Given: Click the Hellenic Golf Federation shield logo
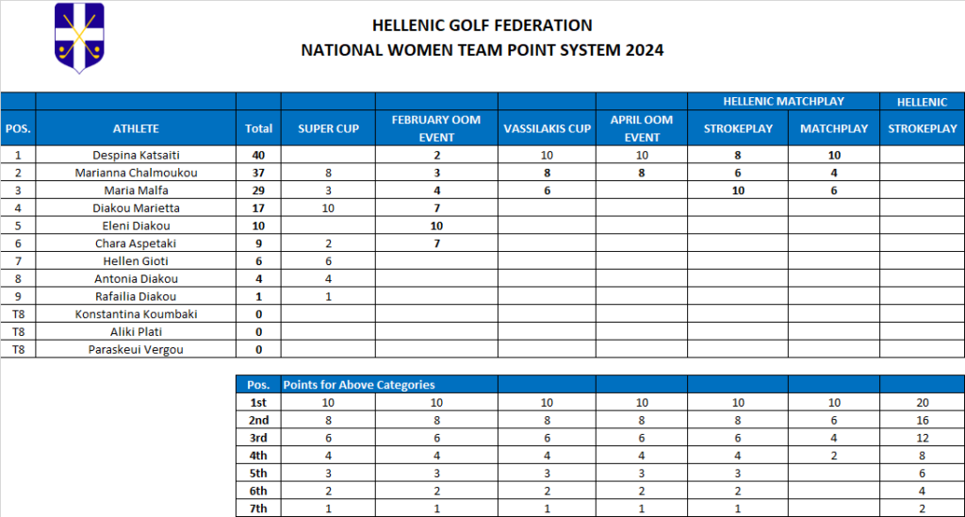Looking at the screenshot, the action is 79,38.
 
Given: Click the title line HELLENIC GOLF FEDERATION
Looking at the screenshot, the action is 482,25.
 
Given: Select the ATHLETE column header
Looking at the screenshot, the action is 136,128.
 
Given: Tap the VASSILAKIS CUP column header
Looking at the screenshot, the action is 547,128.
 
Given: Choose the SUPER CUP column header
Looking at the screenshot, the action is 328,128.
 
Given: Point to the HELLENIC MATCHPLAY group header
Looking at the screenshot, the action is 783,101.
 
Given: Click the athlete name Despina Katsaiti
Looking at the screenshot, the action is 136,155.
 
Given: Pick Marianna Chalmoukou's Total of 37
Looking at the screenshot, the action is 258,173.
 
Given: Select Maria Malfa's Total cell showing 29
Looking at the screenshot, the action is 258,191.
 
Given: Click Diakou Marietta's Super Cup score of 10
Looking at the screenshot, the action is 328,208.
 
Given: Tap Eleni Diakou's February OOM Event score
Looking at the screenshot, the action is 436,225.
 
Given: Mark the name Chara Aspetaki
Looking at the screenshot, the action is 136,243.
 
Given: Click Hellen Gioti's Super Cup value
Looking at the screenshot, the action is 328,261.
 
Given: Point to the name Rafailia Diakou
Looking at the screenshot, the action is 136,296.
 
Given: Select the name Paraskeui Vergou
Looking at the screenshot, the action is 136,349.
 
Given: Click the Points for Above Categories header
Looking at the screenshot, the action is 359,384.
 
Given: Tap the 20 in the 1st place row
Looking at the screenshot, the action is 922,402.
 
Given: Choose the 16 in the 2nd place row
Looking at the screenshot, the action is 922,420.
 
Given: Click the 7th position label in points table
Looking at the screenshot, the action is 258,509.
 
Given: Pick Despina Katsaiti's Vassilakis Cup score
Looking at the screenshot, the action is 547,155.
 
